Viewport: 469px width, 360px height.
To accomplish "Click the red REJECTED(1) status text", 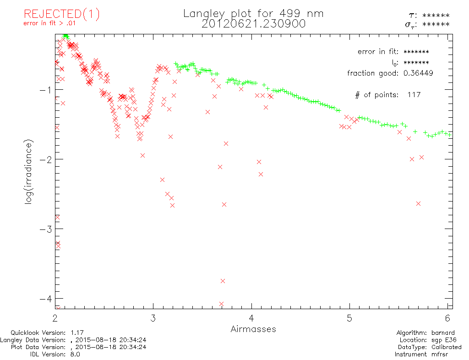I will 62,14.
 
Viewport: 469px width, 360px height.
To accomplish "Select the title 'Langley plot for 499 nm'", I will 253,14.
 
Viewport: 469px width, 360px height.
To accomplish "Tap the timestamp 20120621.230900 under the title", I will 253,24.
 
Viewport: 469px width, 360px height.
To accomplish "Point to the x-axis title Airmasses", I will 253,329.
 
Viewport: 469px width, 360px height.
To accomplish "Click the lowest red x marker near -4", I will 221,304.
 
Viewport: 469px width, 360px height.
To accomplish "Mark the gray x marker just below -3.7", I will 223,281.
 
